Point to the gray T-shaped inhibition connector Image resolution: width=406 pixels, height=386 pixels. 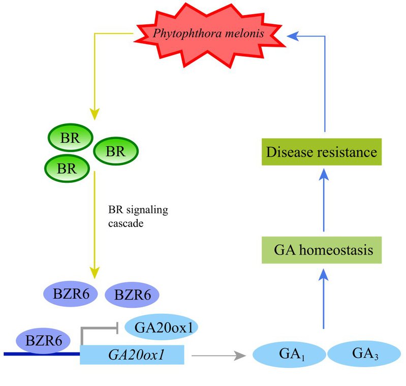[x=97, y=330]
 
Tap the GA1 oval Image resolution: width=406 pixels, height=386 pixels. [x=288, y=354]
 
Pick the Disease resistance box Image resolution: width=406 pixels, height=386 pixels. [x=322, y=152]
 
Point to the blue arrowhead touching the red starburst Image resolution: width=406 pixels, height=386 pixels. [x=291, y=35]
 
